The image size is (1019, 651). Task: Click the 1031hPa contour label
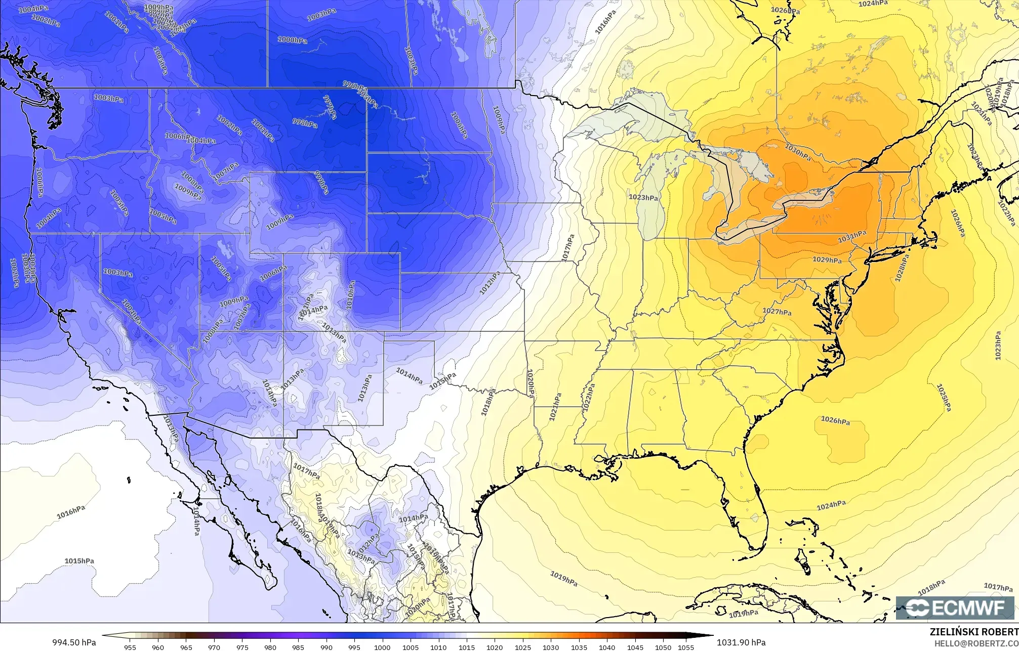click(x=852, y=235)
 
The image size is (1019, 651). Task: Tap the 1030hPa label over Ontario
click(x=798, y=152)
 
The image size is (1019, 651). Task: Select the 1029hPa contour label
click(x=827, y=260)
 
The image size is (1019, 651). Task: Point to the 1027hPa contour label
click(x=777, y=312)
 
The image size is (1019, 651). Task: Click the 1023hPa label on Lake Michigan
click(x=643, y=197)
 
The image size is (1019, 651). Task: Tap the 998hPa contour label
click(x=305, y=122)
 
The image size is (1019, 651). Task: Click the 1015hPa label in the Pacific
click(x=79, y=561)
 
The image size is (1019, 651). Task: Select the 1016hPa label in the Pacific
click(x=71, y=512)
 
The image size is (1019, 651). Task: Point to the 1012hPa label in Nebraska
click(x=490, y=283)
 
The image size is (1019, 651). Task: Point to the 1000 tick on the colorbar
click(x=382, y=647)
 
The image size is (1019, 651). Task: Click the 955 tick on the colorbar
click(x=130, y=647)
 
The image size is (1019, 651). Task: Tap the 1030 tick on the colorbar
click(x=551, y=647)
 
